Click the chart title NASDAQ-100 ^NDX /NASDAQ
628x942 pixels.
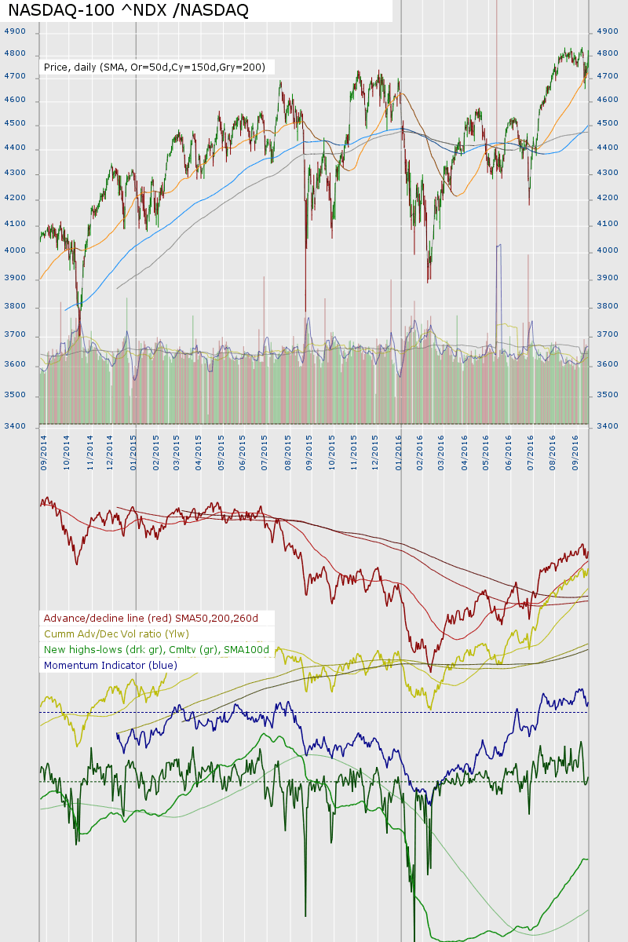pos(129,10)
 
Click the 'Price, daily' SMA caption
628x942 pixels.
pos(155,68)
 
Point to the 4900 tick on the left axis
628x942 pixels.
pos(15,31)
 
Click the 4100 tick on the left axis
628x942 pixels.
pos(15,225)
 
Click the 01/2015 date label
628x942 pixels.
pos(134,454)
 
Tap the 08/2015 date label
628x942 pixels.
pos(290,454)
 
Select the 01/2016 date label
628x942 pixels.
pos(400,454)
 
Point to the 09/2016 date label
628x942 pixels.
pos(576,454)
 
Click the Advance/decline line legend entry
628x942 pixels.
pos(151,619)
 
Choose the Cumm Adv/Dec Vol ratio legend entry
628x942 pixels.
pos(116,634)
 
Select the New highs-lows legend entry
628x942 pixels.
pos(156,650)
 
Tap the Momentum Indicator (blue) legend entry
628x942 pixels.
pos(111,666)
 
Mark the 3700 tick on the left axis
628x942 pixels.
pos(15,335)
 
